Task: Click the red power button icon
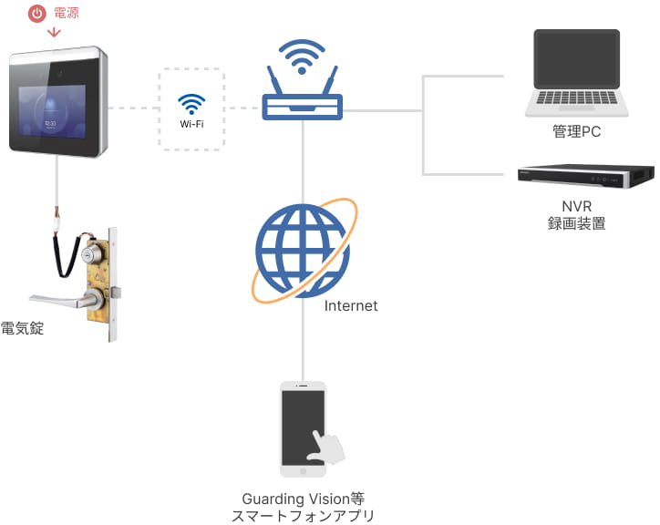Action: click(36, 14)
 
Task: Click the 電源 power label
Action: click(67, 14)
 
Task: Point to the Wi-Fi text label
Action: click(191, 122)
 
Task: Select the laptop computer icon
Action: click(576, 73)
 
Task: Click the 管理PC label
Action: click(576, 132)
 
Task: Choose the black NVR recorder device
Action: click(586, 176)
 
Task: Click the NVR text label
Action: click(576, 206)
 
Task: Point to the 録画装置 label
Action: click(576, 223)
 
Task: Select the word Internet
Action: click(351, 306)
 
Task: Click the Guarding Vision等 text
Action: click(303, 499)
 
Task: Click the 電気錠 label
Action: click(22, 329)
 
